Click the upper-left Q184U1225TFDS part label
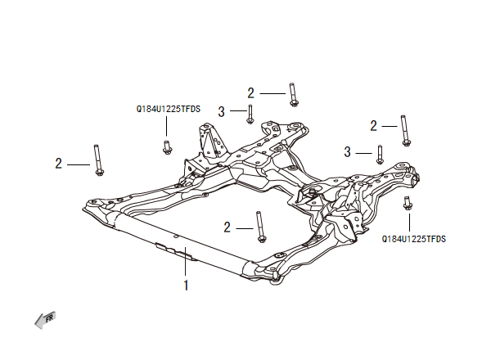coord(169,107)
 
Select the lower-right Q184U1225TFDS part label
coord(414,240)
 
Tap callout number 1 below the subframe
coord(187,286)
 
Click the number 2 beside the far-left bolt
coord(59,164)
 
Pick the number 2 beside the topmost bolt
coord(251,92)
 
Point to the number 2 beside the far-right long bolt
coord(374,125)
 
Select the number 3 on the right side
coord(348,152)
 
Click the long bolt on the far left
coord(98,160)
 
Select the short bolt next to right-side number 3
coord(381,154)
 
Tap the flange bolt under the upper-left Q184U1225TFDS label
coord(167,147)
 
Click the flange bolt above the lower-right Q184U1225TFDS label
coord(408,203)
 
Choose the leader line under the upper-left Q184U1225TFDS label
coord(167,125)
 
